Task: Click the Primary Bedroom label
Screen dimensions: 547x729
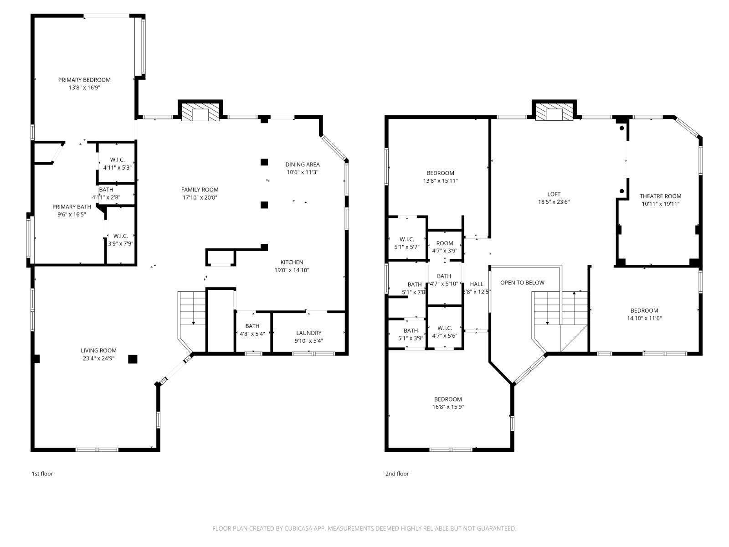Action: pyautogui.click(x=84, y=80)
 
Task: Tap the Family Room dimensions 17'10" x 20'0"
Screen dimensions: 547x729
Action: pyautogui.click(x=200, y=197)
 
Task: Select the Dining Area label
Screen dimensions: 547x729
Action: pyautogui.click(x=303, y=165)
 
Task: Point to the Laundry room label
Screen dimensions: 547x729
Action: pyautogui.click(x=308, y=333)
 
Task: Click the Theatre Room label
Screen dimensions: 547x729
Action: pyautogui.click(x=660, y=196)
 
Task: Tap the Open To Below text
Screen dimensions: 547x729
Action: pyautogui.click(x=522, y=283)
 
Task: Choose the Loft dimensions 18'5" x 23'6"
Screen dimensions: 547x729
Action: pyautogui.click(x=554, y=202)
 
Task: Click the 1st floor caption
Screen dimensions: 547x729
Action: pyautogui.click(x=42, y=474)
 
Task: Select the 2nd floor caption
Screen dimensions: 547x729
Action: pyautogui.click(x=397, y=474)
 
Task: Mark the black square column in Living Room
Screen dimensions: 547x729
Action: pyautogui.click(x=133, y=359)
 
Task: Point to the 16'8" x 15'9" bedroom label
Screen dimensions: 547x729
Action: pyautogui.click(x=448, y=403)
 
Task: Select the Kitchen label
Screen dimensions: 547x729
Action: pyautogui.click(x=292, y=262)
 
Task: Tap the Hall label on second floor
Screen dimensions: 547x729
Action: pyautogui.click(x=476, y=284)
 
